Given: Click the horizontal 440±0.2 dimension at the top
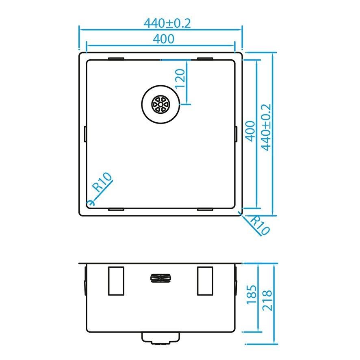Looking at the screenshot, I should (x=167, y=23).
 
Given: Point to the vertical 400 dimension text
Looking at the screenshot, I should (x=250, y=131).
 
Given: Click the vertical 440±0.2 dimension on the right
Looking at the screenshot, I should (x=266, y=127).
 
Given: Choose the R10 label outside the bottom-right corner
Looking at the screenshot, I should (x=259, y=225).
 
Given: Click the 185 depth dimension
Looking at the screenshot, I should (x=252, y=295).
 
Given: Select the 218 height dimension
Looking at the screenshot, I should (x=267, y=300).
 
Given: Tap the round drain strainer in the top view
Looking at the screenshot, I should (x=160, y=104).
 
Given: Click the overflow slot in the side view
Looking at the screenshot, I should (x=160, y=278).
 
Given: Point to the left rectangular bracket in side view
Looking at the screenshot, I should (x=116, y=281).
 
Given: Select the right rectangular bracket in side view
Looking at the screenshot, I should (x=205, y=281).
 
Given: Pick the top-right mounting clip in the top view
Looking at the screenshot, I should (x=205, y=59).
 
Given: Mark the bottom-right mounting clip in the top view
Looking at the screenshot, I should (x=205, y=209).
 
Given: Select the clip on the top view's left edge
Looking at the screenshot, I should (x=85, y=134).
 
